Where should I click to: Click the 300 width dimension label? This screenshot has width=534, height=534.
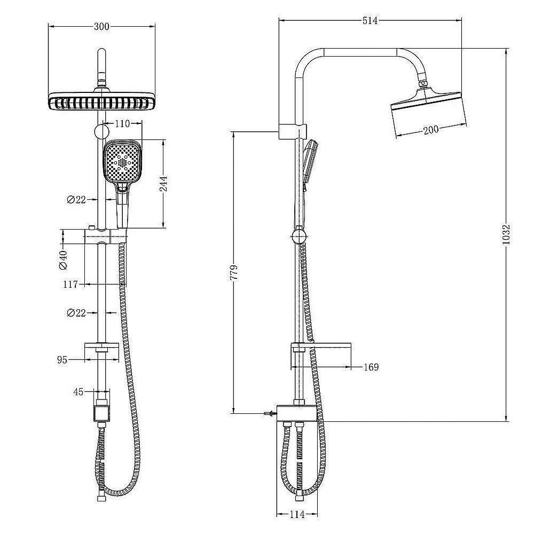pos(101,27)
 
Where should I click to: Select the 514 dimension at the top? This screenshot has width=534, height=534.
pos(370,21)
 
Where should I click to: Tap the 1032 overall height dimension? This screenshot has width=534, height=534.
pos(507,234)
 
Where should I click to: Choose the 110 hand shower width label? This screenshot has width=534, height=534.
pos(122,123)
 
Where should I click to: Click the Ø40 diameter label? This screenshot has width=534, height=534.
pos(64,259)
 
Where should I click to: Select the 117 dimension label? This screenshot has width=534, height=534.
pos(72,285)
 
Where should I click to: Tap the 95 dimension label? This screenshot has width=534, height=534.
pos(62,360)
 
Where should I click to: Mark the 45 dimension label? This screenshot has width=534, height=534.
pos(78,392)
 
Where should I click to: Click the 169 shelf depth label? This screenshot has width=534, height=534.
pos(370,367)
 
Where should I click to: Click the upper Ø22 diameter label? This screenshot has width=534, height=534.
pos(76,200)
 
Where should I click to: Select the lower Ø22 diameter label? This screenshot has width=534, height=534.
pos(76,313)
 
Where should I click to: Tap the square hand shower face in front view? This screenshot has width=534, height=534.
pos(123,161)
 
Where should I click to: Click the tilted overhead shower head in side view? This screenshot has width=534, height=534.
pos(429,113)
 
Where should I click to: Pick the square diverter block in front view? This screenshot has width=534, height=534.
pos(101,412)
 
